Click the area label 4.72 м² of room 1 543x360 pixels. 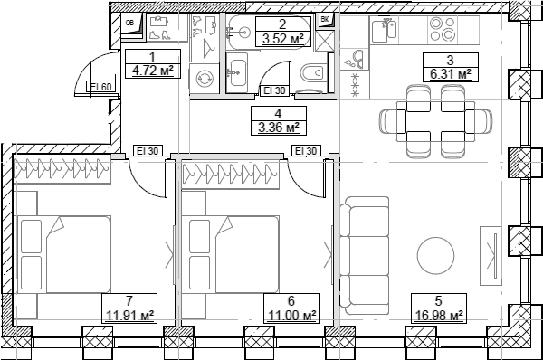tap(152, 68)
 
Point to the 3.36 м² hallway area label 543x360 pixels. tap(279, 127)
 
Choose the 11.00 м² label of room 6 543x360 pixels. tap(291, 316)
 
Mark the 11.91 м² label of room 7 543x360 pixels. tap(129, 316)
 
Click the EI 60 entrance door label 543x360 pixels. tap(100, 87)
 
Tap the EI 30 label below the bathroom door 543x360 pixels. tap(273, 90)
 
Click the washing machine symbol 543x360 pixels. tap(205, 79)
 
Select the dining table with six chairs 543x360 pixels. tap(423, 118)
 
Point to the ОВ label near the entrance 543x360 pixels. tap(130, 23)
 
